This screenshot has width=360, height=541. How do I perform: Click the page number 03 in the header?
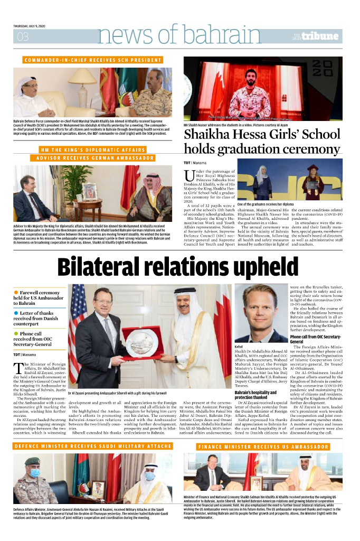pyautogui.click(x=23, y=36)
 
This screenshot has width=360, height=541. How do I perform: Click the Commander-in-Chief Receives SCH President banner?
pyautogui.click(x=92, y=60)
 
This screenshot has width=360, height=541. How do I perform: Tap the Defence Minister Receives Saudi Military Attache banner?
pyautogui.click(x=92, y=446)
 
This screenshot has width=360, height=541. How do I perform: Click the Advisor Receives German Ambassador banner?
pyautogui.click(x=92, y=158)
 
